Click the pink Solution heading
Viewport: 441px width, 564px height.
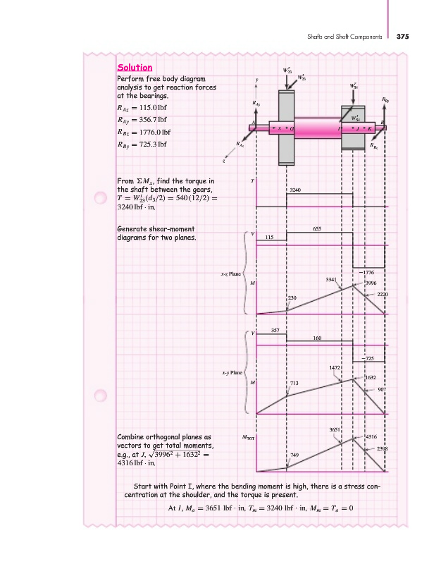point(135,68)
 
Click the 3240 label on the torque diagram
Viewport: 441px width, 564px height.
point(296,190)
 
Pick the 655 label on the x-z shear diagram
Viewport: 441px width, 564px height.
point(317,229)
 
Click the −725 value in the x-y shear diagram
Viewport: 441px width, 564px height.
point(367,359)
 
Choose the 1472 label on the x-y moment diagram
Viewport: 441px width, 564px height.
point(335,368)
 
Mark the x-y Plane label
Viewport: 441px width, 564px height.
point(232,371)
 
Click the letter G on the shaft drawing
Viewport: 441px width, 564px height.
point(292,129)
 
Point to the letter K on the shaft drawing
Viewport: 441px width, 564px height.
point(370,129)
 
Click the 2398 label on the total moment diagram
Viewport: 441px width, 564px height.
point(383,449)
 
